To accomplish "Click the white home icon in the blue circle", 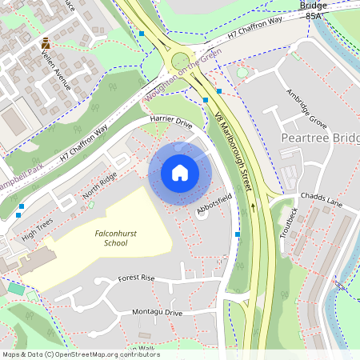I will click(x=180, y=172).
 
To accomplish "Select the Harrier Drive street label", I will click(x=171, y=124).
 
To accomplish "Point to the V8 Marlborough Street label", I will click(x=234, y=152).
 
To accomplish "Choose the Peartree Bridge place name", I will click(x=320, y=138).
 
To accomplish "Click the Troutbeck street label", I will click(x=291, y=222).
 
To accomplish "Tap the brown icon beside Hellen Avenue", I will click(x=46, y=43).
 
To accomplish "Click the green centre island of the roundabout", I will click(x=182, y=60).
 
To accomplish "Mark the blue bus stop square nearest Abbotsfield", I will click(x=238, y=234).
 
